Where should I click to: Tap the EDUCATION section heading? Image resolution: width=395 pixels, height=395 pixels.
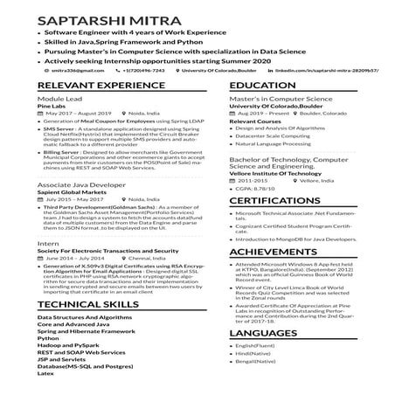(x=263, y=85)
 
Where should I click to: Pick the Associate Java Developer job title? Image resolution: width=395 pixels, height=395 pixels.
(x=76, y=186)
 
